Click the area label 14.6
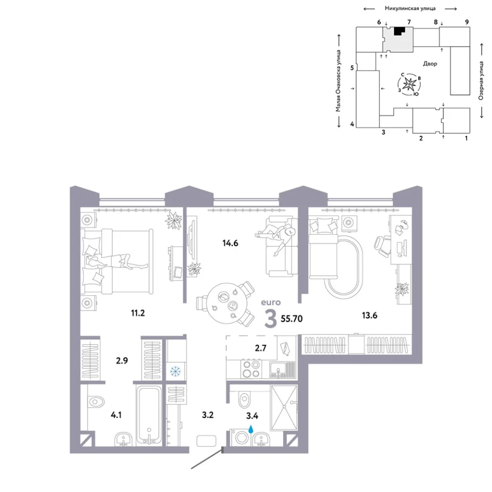pyautogui.click(x=230, y=243)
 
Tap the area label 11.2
pyautogui.click(x=138, y=313)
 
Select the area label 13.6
pyautogui.click(x=370, y=315)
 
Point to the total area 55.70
pyautogui.click(x=292, y=319)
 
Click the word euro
pyautogui.click(x=271, y=302)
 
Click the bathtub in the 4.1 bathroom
pyautogui.click(x=149, y=415)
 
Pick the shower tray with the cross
pyautogui.click(x=284, y=407)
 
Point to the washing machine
pyautogui.click(x=241, y=437)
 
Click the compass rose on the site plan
pyautogui.click(x=409, y=84)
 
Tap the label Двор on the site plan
pyautogui.click(x=430, y=64)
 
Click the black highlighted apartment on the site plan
pyautogui.click(x=399, y=31)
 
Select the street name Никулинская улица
pyautogui.click(x=410, y=9)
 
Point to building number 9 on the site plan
pyautogui.click(x=467, y=22)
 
